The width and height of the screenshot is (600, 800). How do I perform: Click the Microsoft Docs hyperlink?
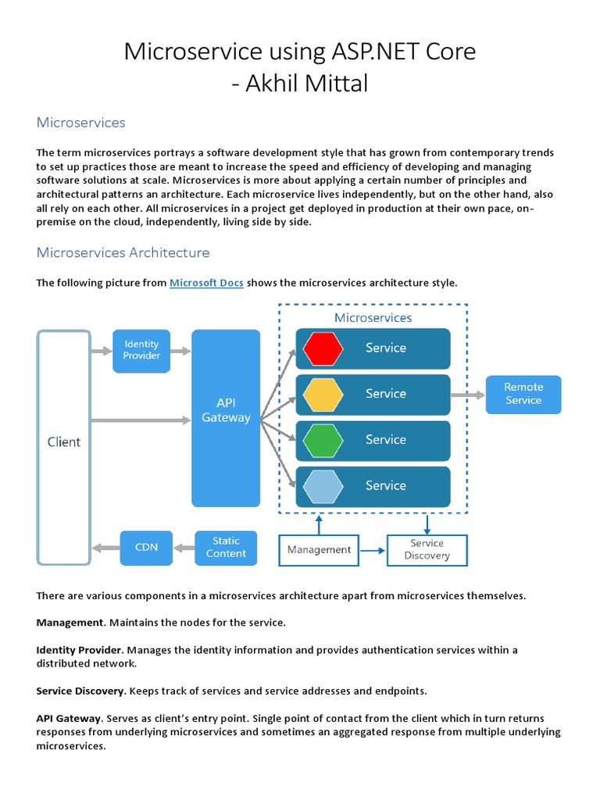click(x=206, y=283)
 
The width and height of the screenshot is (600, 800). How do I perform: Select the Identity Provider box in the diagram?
click(x=141, y=350)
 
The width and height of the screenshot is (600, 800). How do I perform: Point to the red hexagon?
click(x=323, y=348)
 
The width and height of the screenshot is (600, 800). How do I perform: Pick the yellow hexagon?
click(x=323, y=395)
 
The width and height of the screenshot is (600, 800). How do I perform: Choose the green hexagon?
click(x=323, y=441)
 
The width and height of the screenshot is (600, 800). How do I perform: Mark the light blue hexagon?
click(x=323, y=486)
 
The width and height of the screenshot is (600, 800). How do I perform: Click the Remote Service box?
click(x=523, y=394)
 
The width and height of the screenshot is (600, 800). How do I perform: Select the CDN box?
click(x=146, y=548)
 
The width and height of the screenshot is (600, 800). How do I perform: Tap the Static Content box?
click(x=226, y=548)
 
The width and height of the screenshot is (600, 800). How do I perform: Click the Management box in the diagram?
click(x=319, y=550)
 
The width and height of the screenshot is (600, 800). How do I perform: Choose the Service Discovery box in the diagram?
click(x=427, y=550)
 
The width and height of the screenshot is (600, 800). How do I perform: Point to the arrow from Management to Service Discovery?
click(x=373, y=550)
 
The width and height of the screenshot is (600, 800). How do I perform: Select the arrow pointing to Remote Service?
click(x=467, y=395)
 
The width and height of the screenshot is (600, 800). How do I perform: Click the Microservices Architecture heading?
click(x=123, y=253)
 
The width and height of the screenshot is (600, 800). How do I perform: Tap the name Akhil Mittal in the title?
click(x=307, y=84)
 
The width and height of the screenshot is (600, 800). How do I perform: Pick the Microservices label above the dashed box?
click(x=373, y=318)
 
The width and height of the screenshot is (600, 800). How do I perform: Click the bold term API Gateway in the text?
click(x=69, y=718)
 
